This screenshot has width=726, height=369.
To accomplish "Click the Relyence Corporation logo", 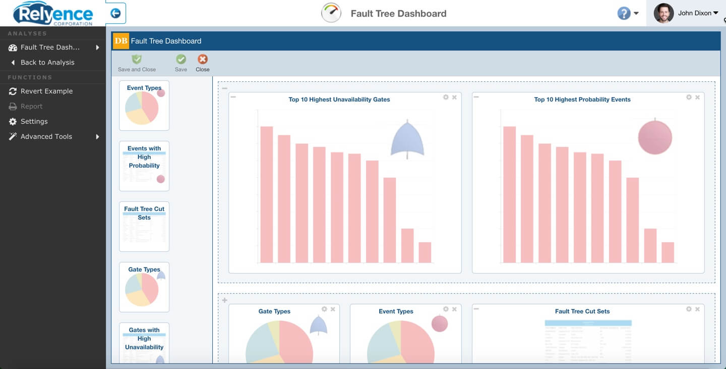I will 53,13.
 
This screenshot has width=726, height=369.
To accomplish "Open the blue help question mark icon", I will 624,14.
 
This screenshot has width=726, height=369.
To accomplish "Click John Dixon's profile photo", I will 663,14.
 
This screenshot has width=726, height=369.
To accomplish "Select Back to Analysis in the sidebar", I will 47,63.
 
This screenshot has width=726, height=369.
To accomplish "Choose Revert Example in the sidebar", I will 46,91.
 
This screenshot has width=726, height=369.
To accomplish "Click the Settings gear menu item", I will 34,122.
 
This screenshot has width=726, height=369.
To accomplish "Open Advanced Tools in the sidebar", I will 46,137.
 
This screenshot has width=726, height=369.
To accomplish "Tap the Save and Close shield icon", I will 137,60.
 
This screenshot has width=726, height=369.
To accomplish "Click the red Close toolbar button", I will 202,60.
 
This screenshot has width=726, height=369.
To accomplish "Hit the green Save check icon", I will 180,60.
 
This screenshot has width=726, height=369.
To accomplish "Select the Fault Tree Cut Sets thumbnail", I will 144,226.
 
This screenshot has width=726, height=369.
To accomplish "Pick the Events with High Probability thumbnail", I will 144,166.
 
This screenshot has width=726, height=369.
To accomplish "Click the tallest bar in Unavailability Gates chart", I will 267,194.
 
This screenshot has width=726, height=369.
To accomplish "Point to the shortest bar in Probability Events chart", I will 668,252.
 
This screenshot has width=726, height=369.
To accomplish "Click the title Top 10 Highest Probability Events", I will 582,99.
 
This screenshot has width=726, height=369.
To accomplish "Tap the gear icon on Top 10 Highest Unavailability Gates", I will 446,97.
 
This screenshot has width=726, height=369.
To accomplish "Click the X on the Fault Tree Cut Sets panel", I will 697,309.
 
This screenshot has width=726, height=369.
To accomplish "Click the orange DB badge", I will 121,41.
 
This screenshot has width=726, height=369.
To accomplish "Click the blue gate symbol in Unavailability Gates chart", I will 407,139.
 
